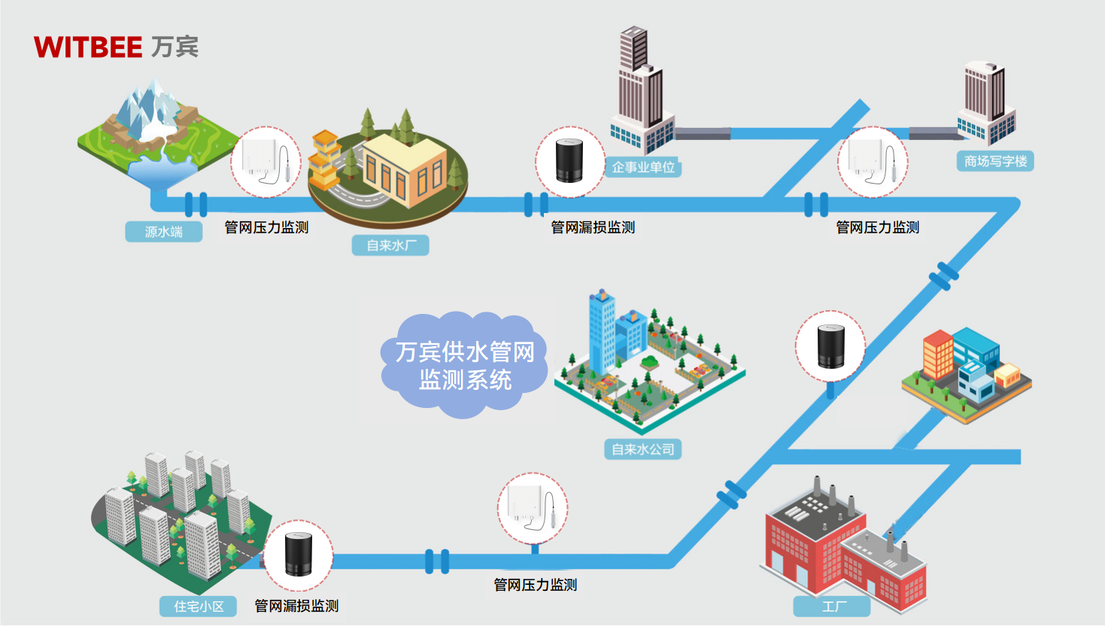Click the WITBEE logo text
click(x=88, y=47)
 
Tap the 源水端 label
click(x=163, y=232)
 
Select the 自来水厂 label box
click(x=390, y=245)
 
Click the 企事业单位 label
click(x=643, y=167)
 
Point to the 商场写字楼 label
click(x=994, y=161)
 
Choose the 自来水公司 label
click(x=642, y=449)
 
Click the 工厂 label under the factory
click(x=832, y=607)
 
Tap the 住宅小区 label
click(x=199, y=606)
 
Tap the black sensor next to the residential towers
click(x=298, y=555)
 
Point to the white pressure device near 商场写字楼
click(x=873, y=161)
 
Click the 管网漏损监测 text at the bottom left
click(x=296, y=606)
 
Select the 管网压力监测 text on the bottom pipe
click(x=535, y=585)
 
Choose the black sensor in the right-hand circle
click(x=830, y=347)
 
